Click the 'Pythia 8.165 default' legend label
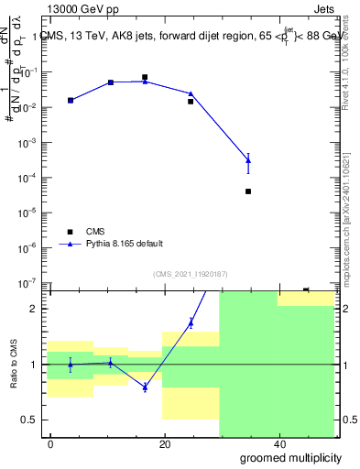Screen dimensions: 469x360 125,244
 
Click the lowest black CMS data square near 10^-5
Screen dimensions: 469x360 248,191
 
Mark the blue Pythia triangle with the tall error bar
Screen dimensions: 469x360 248,161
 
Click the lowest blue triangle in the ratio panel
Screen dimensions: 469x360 145,387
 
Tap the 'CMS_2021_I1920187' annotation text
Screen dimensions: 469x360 190,274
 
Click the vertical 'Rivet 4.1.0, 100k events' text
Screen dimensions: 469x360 346,73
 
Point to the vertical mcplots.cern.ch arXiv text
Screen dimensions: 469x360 346,211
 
